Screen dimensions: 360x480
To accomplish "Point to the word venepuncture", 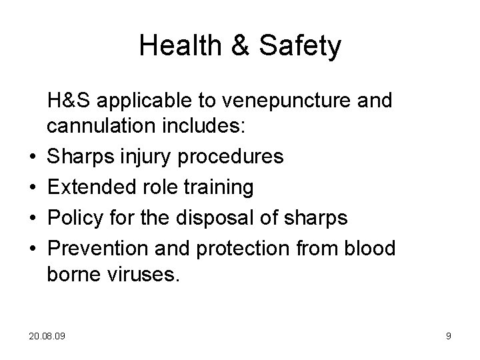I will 285,101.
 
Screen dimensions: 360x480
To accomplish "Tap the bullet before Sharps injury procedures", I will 31,157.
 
